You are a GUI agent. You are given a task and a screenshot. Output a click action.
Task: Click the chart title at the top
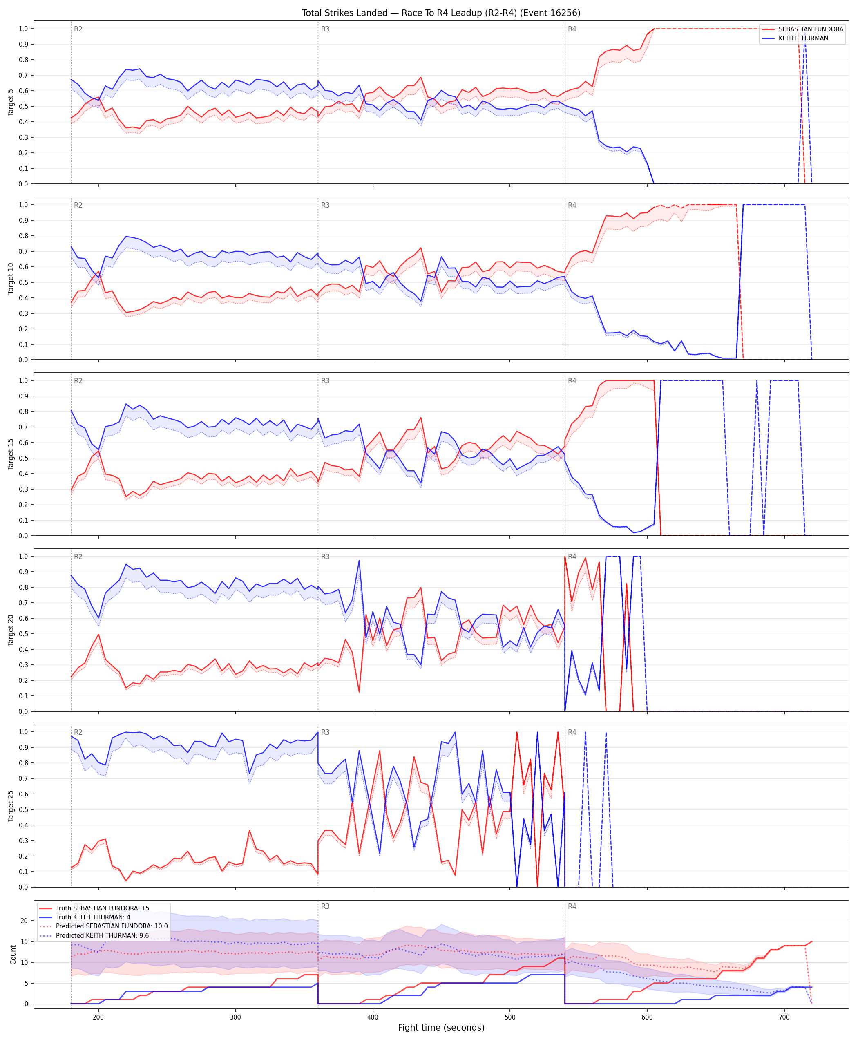[441, 13]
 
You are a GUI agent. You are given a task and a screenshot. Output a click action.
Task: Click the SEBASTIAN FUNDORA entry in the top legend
[811, 29]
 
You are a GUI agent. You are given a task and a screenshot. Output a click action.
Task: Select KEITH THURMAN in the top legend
[803, 38]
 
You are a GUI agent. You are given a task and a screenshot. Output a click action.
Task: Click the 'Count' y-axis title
[13, 955]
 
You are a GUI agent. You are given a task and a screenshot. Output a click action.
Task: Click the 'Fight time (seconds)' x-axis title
[441, 1028]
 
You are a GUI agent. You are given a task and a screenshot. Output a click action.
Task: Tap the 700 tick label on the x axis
[784, 1017]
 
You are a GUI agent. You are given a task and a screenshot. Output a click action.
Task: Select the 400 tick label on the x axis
[373, 1017]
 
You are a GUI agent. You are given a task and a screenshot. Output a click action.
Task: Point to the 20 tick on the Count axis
[24, 921]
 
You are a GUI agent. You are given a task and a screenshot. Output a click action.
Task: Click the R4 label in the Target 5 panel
[572, 29]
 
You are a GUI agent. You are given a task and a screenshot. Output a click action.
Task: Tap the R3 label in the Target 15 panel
[325, 380]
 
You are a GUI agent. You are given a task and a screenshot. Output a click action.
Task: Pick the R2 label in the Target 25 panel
[78, 732]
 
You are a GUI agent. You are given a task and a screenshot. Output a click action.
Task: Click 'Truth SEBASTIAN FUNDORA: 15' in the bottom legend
[102, 908]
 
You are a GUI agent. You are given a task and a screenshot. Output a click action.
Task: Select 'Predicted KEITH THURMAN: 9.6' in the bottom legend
[102, 935]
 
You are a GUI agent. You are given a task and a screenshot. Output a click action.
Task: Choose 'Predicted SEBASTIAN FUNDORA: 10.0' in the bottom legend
[112, 926]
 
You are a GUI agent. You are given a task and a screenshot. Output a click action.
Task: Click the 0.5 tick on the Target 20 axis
[23, 634]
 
